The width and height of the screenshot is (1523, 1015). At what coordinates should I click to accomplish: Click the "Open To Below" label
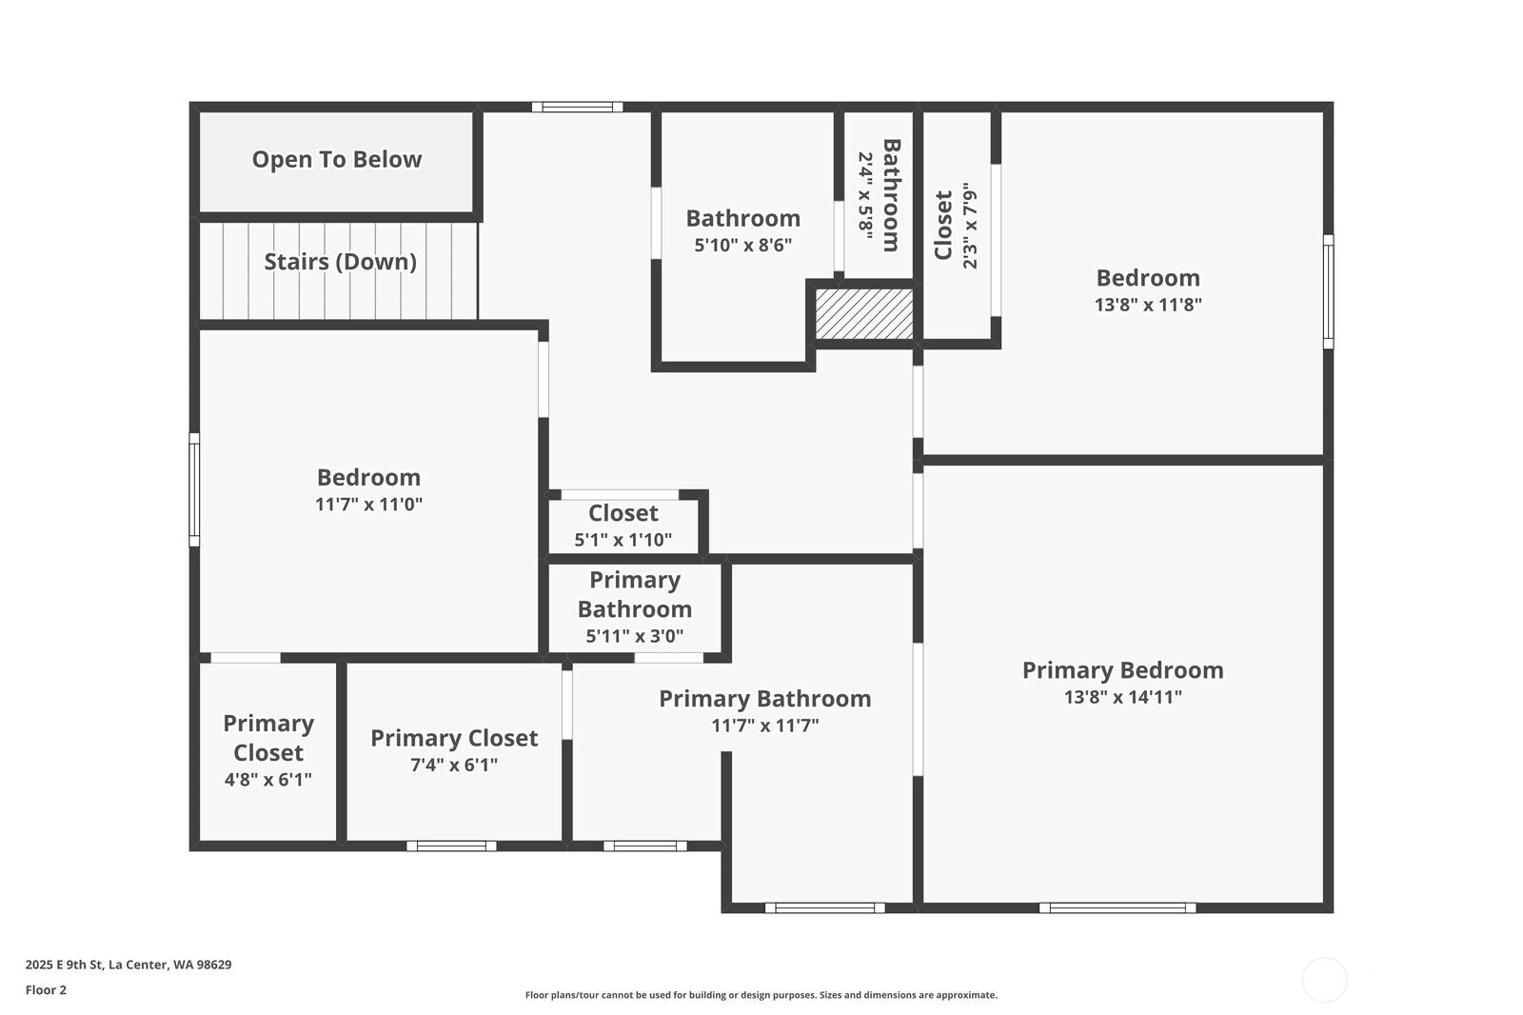pyautogui.click(x=337, y=159)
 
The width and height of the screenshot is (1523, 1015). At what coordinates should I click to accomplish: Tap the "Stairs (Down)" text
pyautogui.click(x=340, y=261)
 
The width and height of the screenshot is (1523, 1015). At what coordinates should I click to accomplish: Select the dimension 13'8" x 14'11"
pyautogui.click(x=1122, y=697)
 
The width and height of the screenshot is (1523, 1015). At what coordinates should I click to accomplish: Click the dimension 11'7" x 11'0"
pyautogui.click(x=368, y=504)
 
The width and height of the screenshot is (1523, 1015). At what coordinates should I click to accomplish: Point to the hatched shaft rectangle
pyautogui.click(x=864, y=313)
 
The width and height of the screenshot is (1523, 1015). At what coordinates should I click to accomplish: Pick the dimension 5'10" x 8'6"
pyautogui.click(x=743, y=244)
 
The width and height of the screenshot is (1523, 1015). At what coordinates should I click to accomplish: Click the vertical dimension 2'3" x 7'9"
pyautogui.click(x=970, y=225)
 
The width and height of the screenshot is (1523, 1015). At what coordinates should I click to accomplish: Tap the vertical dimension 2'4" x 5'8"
pyautogui.click(x=865, y=195)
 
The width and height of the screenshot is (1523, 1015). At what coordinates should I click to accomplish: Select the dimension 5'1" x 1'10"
pyautogui.click(x=623, y=540)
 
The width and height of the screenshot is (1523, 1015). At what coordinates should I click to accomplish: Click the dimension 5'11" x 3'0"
pyautogui.click(x=634, y=636)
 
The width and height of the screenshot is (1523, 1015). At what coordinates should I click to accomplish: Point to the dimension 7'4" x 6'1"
pyautogui.click(x=453, y=765)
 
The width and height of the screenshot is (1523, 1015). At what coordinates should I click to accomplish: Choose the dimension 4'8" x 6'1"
pyautogui.click(x=267, y=779)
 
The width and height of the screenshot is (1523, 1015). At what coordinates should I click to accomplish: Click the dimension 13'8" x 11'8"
pyautogui.click(x=1148, y=304)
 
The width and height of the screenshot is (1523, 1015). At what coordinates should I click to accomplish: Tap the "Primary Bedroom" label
pyautogui.click(x=1122, y=670)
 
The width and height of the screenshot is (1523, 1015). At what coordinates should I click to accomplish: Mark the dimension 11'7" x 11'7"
pyautogui.click(x=765, y=726)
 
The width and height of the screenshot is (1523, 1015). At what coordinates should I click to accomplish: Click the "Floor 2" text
pyautogui.click(x=47, y=990)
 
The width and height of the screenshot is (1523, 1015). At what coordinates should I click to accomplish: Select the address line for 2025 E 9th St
pyautogui.click(x=129, y=965)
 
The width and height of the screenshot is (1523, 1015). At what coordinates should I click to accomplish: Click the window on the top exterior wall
pyautogui.click(x=577, y=107)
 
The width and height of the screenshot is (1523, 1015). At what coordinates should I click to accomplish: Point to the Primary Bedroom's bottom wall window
pyautogui.click(x=1118, y=907)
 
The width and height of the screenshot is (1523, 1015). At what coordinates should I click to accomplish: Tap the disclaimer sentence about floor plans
pyautogui.click(x=761, y=995)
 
